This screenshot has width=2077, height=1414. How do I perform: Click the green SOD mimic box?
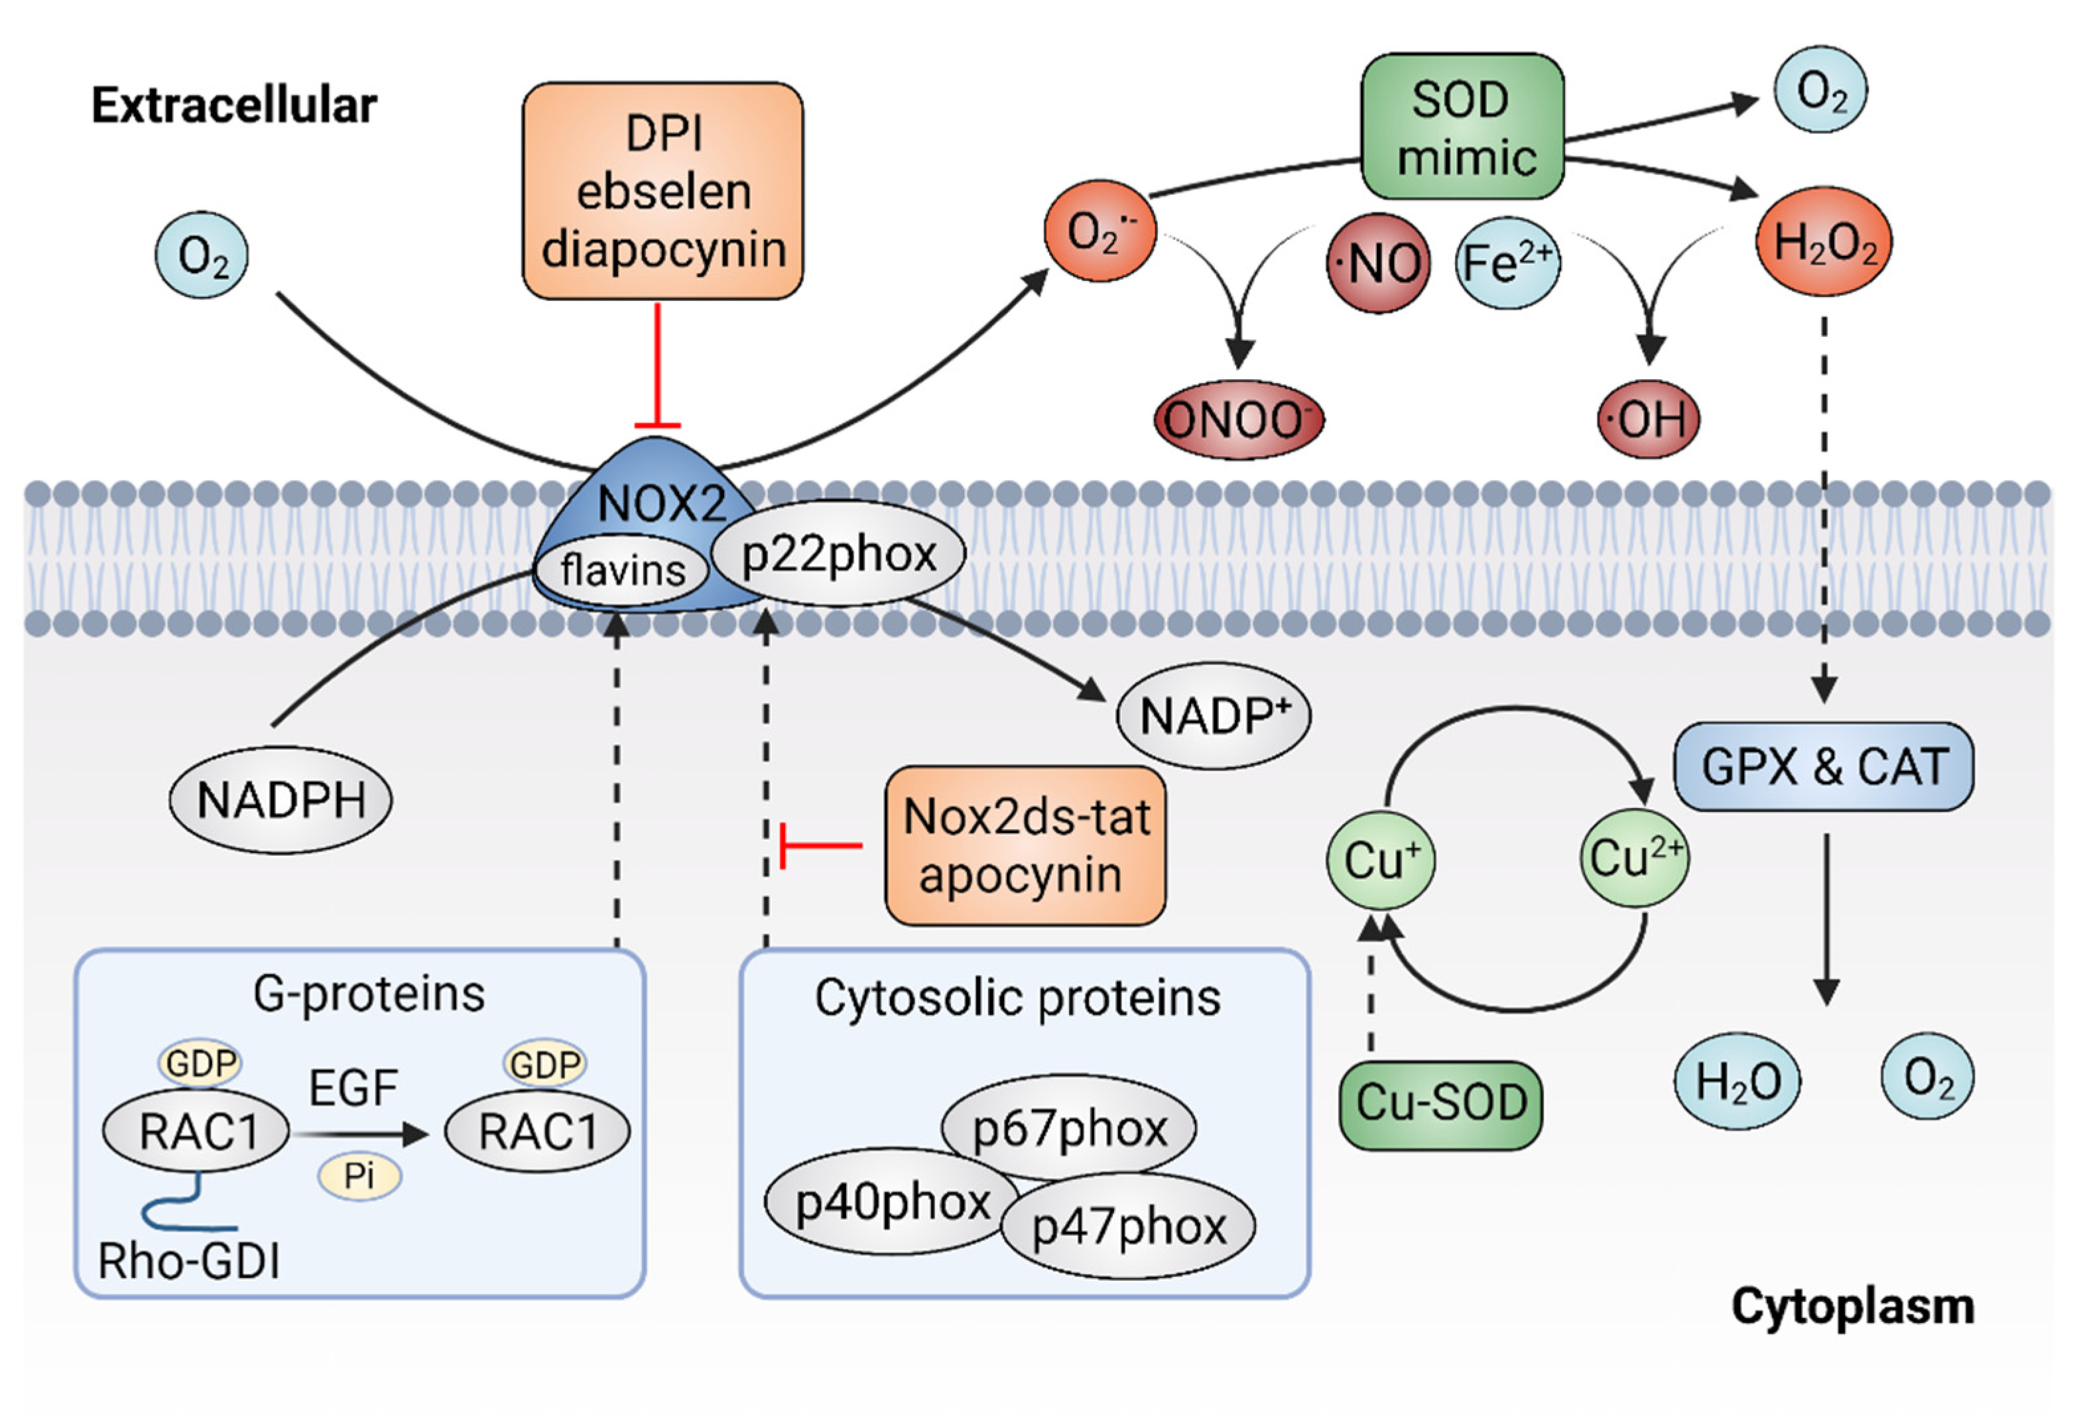click(1462, 127)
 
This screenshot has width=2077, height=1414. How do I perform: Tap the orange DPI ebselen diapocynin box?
click(662, 191)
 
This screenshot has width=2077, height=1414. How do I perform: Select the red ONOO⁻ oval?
click(1238, 420)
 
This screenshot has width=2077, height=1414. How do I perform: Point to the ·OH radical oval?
click(1648, 419)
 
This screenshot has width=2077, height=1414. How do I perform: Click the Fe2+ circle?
click(1508, 263)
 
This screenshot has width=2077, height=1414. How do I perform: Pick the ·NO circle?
click(1378, 263)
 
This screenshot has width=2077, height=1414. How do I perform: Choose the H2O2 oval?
click(1824, 241)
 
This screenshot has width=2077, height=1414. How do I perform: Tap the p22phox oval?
click(838, 553)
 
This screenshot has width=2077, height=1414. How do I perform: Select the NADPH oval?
click(281, 799)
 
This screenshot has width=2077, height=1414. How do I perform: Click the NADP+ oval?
click(1214, 715)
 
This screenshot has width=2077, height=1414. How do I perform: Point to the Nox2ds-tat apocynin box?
click(1025, 845)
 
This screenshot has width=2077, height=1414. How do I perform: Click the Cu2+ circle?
click(1635, 858)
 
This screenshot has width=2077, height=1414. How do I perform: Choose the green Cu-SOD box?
click(1440, 1104)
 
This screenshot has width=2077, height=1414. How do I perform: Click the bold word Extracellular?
click(234, 105)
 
